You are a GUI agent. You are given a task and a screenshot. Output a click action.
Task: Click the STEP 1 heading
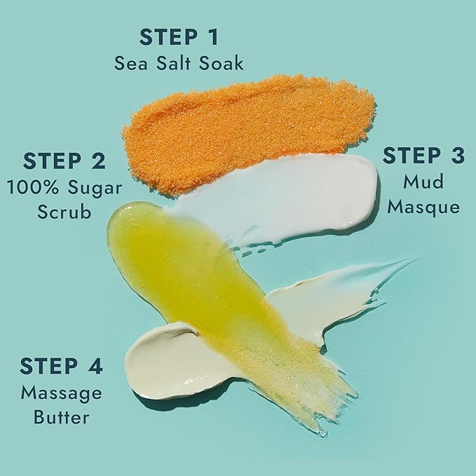(x=179, y=36)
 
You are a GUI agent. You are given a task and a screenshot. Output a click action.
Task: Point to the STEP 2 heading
(x=64, y=161)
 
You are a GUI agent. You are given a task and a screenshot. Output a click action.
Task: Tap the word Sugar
(x=97, y=188)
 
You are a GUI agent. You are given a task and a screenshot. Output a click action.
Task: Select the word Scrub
(x=64, y=211)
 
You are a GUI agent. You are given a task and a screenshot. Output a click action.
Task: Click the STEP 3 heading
(x=423, y=156)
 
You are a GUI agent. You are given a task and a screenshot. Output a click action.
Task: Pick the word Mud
(x=423, y=182)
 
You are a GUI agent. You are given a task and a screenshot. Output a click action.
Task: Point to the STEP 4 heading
(x=61, y=366)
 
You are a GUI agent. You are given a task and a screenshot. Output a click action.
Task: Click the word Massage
(x=61, y=392)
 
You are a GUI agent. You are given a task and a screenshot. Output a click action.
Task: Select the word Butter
(x=61, y=417)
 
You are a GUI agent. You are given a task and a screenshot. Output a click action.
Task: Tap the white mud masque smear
(x=294, y=193)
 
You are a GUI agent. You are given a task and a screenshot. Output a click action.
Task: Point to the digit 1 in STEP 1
(x=212, y=36)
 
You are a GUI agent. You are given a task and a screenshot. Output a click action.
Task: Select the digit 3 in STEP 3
(x=456, y=156)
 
